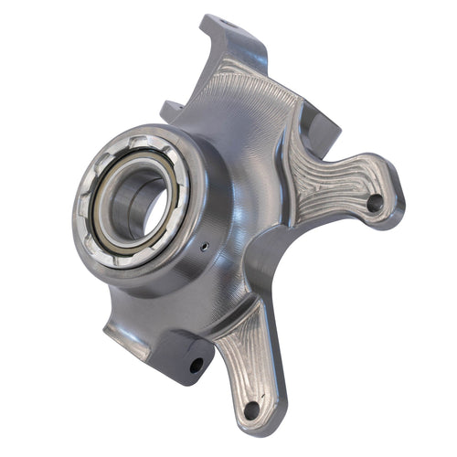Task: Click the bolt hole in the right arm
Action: point(374,203)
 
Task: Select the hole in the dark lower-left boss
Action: point(196,364)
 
